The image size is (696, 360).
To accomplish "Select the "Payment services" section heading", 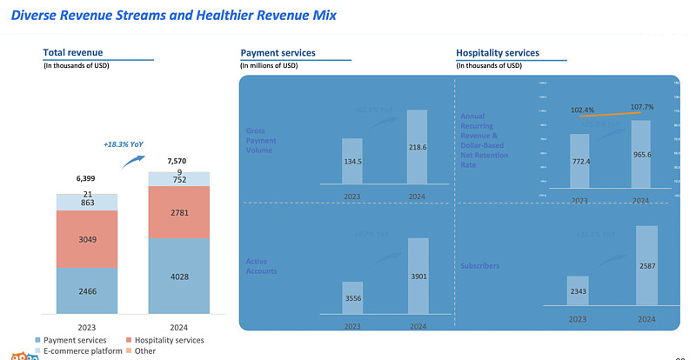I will coord(278,53).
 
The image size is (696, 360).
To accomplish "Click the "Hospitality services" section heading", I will coord(498,53).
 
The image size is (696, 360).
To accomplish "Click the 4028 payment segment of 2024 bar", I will coord(178,277).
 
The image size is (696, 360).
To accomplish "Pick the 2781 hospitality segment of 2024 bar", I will coord(178,213).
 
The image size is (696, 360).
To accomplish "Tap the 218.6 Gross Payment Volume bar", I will coord(418,147).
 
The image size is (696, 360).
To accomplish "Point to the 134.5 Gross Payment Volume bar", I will coord(351,161).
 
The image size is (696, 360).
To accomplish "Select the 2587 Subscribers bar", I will coord(646,265).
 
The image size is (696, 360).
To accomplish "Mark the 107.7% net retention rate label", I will coord(641,108).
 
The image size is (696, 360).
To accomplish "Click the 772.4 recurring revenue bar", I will coord(580,161).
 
